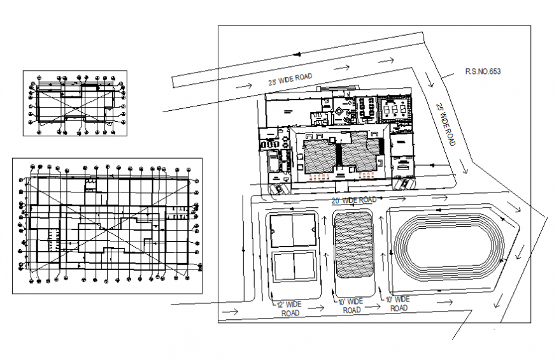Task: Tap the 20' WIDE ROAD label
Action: pos(355,200)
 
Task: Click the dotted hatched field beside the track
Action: pos(354,245)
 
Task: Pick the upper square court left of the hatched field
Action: pos(293,231)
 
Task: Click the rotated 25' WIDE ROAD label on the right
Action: pos(446,124)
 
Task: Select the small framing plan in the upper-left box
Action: pos(75,103)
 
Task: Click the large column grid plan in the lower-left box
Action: pos(107,226)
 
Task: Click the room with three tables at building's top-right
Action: pos(395,108)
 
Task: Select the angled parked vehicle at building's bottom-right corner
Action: pos(404,184)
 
